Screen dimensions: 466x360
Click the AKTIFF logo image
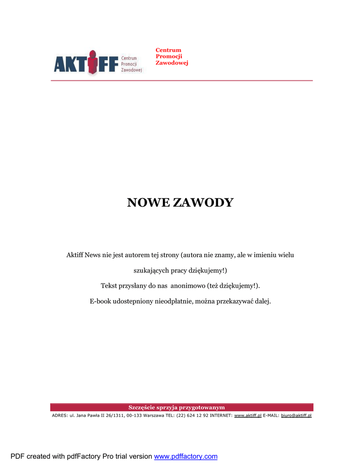coord(98,63)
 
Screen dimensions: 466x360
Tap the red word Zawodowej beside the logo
coord(172,63)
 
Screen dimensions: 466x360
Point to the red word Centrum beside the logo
coord(168,50)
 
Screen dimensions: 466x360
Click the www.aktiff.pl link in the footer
coord(248,415)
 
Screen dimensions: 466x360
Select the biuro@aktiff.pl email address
coord(296,415)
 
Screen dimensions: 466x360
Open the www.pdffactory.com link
coord(186,456)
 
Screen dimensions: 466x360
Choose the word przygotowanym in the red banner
coord(203,407)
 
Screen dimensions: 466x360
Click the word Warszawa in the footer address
coord(154,415)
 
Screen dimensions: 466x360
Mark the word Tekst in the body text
coord(109,286)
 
